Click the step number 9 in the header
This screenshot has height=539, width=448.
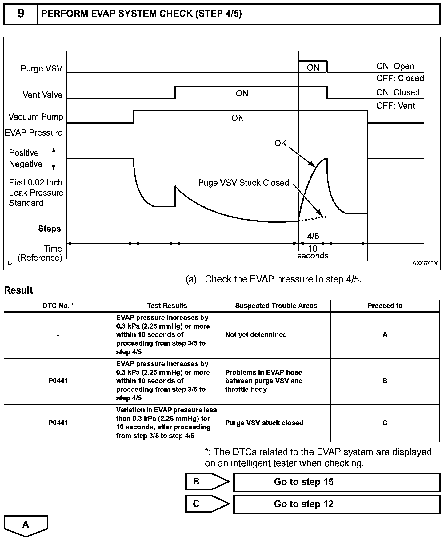(x=21, y=14)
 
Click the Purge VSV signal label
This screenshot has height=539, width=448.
(x=41, y=68)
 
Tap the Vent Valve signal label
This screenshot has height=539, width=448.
(x=42, y=95)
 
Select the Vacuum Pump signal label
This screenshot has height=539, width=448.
(x=36, y=117)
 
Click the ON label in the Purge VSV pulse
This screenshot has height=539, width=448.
(x=313, y=67)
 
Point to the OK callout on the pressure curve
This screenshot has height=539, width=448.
(x=280, y=143)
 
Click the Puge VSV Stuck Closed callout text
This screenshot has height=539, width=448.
(x=243, y=183)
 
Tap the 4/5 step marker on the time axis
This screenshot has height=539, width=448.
(x=313, y=236)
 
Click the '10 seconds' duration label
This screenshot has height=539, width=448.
(x=313, y=252)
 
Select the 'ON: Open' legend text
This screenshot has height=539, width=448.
(x=395, y=66)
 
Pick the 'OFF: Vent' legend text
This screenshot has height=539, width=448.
(x=395, y=106)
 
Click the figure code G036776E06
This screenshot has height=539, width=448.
(x=426, y=263)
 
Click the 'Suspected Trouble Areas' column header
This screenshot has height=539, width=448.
(x=276, y=306)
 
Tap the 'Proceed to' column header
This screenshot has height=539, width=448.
(x=385, y=306)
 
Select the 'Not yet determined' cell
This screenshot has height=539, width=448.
(x=256, y=335)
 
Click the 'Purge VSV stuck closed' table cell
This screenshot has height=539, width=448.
(x=264, y=423)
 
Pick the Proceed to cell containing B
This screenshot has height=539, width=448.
(x=385, y=381)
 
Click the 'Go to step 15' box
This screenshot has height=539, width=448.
(x=337, y=482)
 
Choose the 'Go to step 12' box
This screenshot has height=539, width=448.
(x=337, y=504)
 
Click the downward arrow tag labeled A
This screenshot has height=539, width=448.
(x=26, y=525)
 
